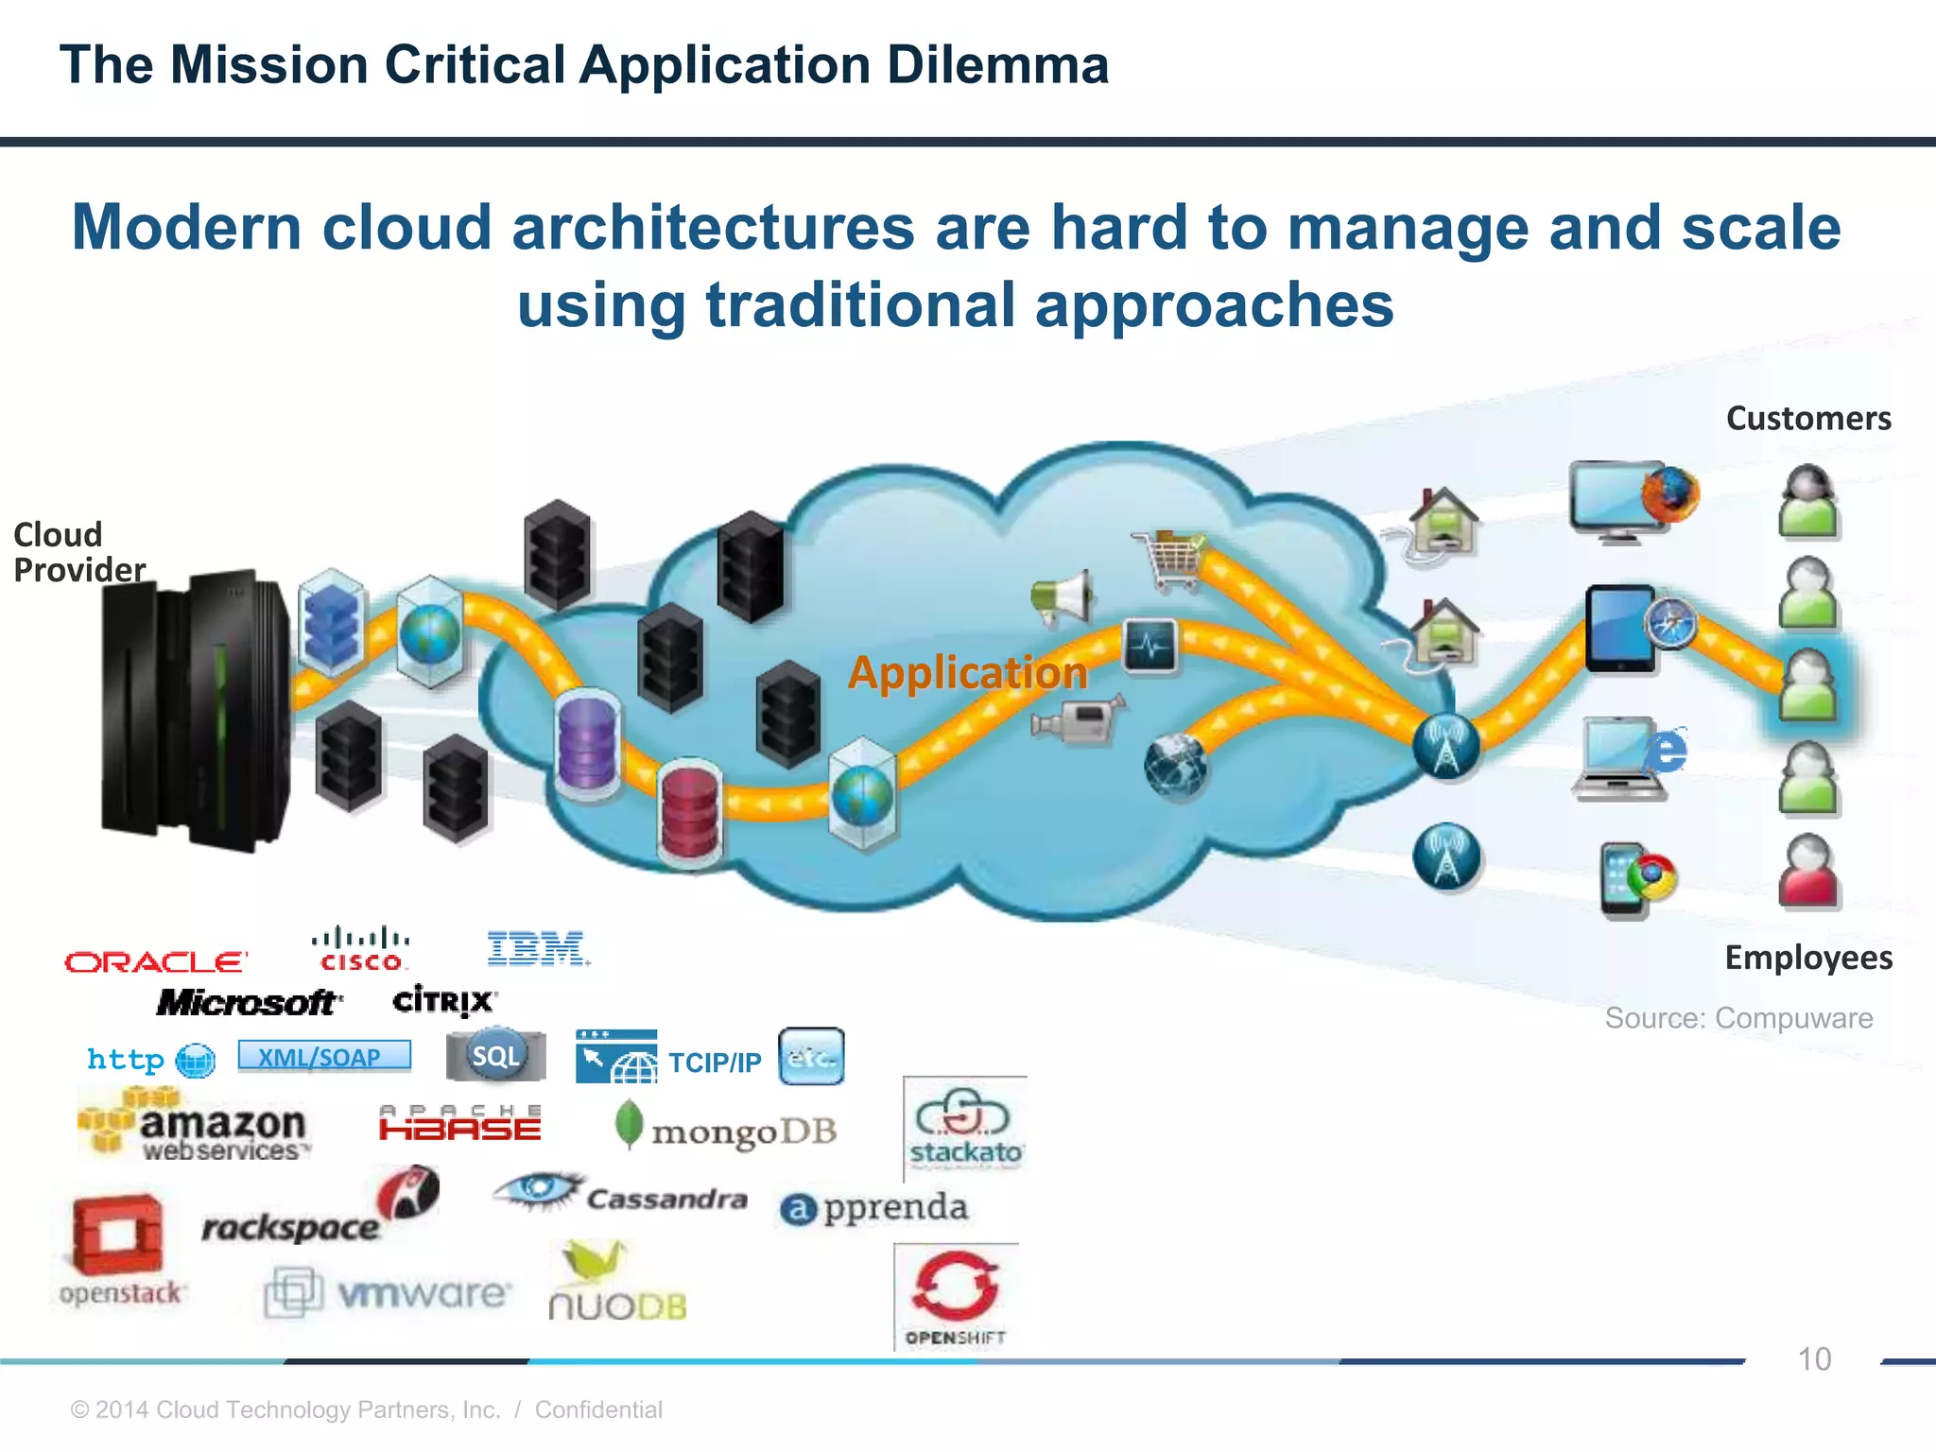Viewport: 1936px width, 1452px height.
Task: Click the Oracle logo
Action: coord(156,962)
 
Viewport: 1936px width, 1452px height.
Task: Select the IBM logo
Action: coord(537,949)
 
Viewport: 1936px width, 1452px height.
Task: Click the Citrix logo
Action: coord(443,1000)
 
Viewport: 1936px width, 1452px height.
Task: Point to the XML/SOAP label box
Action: coord(324,1056)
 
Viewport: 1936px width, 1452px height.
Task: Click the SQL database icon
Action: coord(496,1055)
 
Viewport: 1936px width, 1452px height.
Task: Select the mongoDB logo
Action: coord(726,1128)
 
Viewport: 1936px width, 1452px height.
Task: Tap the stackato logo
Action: coord(964,1128)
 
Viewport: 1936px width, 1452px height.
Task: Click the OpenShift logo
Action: coord(956,1295)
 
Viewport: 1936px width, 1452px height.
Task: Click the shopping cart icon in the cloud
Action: coord(1170,559)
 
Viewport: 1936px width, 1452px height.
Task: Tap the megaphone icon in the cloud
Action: coord(1063,597)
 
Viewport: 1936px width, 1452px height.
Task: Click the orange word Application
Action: coord(967,673)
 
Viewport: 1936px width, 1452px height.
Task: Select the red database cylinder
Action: coord(690,812)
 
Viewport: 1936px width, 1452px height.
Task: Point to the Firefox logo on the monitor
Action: coord(1669,494)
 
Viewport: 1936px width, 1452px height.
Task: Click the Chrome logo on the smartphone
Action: coord(1651,877)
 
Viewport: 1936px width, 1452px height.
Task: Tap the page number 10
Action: coord(1813,1359)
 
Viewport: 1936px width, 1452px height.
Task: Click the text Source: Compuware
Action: coord(1737,1018)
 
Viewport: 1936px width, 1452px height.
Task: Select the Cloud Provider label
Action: coord(78,552)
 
